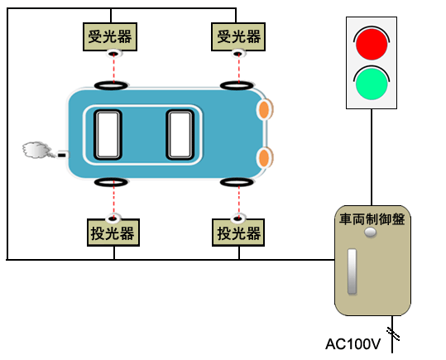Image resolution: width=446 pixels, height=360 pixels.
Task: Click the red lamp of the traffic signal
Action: click(x=372, y=44)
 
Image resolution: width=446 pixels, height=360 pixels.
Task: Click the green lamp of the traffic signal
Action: click(x=372, y=84)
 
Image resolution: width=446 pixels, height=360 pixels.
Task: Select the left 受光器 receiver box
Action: click(x=110, y=37)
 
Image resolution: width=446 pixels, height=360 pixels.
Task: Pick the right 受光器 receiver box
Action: click(x=238, y=37)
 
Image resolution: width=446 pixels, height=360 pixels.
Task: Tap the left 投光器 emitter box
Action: click(x=113, y=233)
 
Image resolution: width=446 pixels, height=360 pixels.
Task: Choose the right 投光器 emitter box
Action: click(x=238, y=233)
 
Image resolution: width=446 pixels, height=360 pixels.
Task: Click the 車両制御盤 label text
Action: click(x=372, y=219)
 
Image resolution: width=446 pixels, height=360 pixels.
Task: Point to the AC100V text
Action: click(x=352, y=344)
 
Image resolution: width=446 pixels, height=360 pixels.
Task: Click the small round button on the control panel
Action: click(x=371, y=233)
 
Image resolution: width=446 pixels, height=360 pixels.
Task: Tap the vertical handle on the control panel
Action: click(x=352, y=271)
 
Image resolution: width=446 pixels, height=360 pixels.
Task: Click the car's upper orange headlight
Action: click(x=264, y=109)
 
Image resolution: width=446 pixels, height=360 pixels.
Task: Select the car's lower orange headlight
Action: click(x=264, y=157)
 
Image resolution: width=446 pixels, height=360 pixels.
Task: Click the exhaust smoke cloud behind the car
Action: click(x=36, y=150)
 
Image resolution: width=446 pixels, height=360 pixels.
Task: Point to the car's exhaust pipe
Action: click(x=63, y=155)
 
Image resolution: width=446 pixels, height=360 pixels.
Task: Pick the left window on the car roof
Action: click(x=108, y=135)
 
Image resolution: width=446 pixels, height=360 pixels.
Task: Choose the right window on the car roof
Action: click(x=180, y=135)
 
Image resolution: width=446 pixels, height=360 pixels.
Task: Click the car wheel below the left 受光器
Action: click(x=111, y=85)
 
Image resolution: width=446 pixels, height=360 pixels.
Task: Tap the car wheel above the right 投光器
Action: click(x=237, y=182)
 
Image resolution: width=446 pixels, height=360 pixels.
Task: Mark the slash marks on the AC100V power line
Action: click(x=393, y=334)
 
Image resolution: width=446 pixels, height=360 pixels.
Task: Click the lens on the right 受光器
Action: click(x=238, y=53)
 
